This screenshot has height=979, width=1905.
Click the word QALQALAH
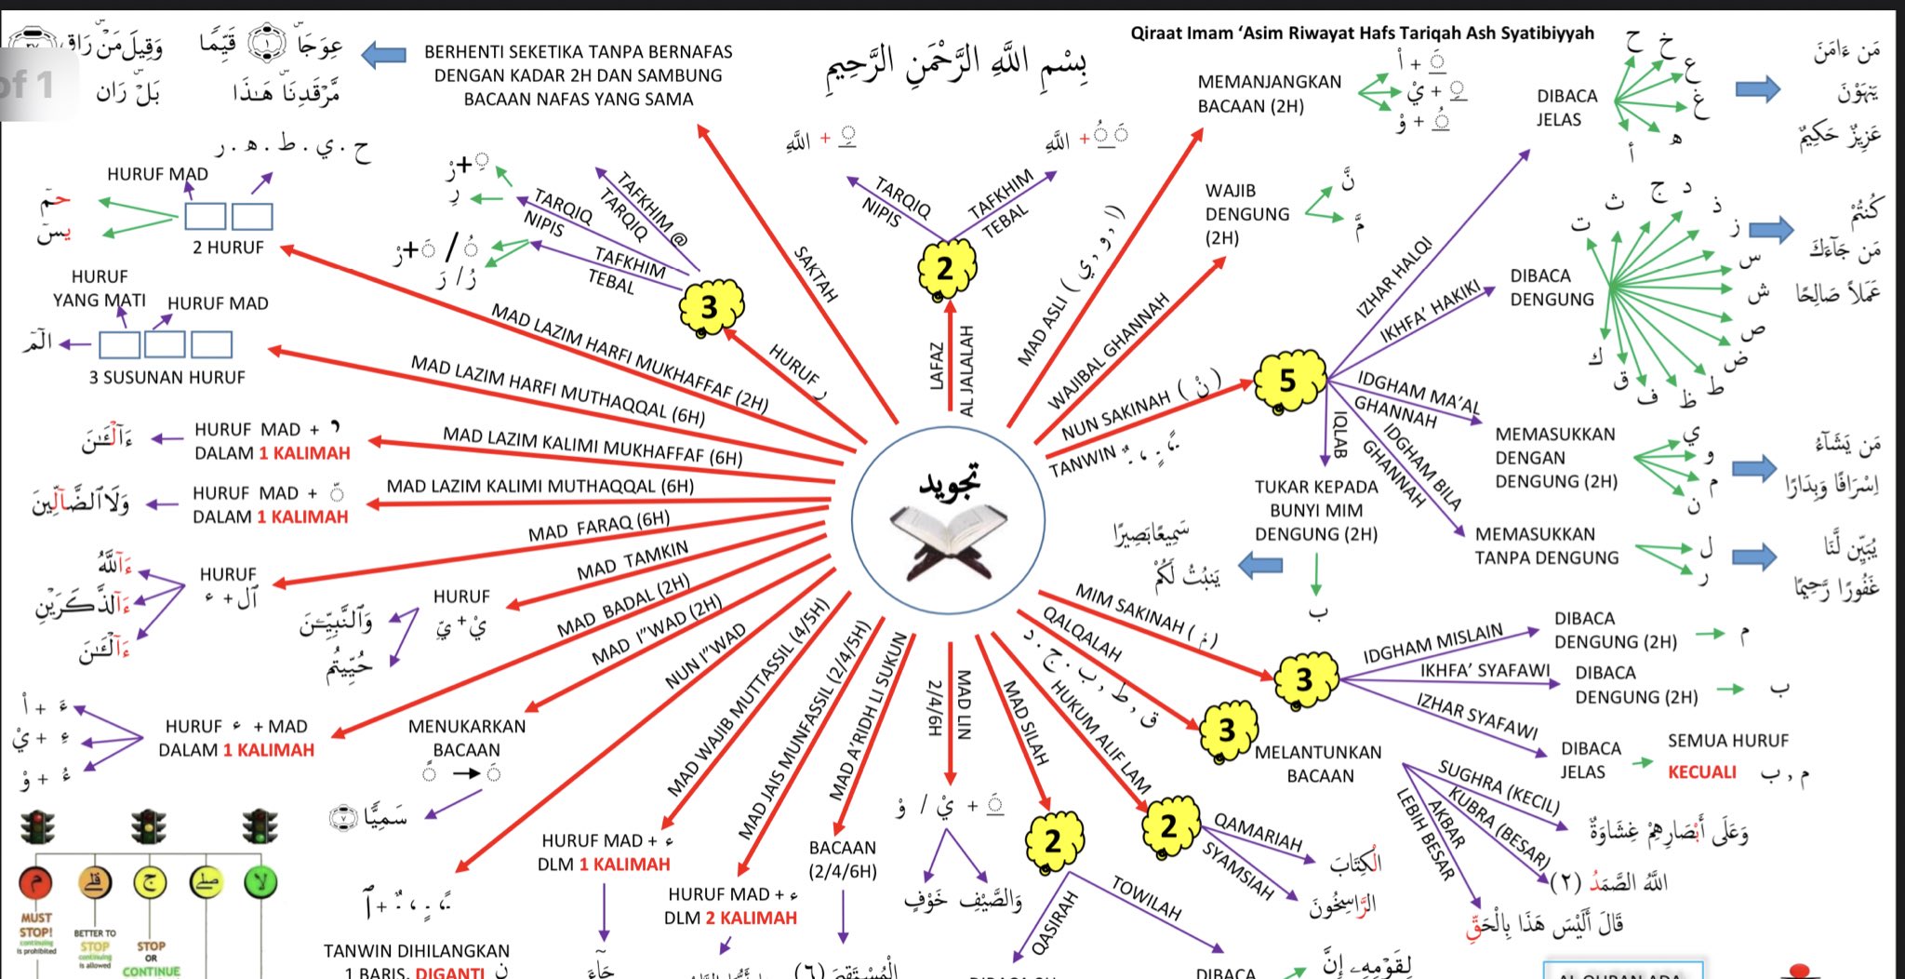coord(1082,633)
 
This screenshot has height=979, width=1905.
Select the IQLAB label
coord(1340,435)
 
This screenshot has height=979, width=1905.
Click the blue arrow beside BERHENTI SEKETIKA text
coord(383,55)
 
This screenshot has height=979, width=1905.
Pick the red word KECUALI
coord(1701,772)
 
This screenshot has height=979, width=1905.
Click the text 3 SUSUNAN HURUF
coord(167,378)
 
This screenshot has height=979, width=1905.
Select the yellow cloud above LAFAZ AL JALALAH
coord(945,268)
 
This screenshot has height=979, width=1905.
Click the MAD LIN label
coord(964,704)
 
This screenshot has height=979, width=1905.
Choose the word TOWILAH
coord(1147,897)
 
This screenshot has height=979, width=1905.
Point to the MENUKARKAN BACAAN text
coord(467,738)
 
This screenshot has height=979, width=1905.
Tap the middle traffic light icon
coord(149,826)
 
